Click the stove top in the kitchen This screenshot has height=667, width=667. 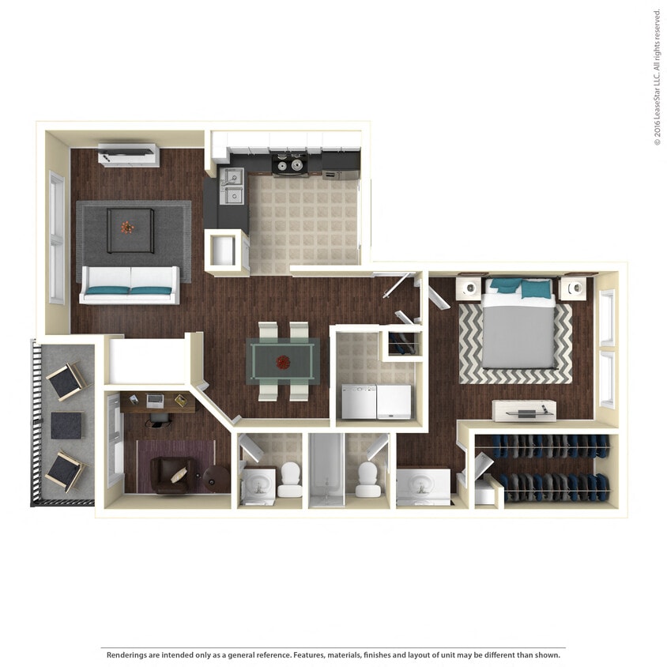pos(290,164)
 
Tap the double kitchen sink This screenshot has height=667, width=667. pos(232,186)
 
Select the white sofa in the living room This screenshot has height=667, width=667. pos(130,285)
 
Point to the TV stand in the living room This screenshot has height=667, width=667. pos(128,154)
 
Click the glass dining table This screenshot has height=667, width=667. pos(282,360)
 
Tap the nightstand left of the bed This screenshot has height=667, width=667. pos(470,287)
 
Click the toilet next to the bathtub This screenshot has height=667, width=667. pos(367,479)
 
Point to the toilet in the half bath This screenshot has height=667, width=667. pos(290,479)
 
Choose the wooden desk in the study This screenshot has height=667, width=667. pos(157,402)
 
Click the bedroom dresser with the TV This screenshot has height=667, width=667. pos(524,410)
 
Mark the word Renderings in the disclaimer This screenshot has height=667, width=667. pos(127,655)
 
